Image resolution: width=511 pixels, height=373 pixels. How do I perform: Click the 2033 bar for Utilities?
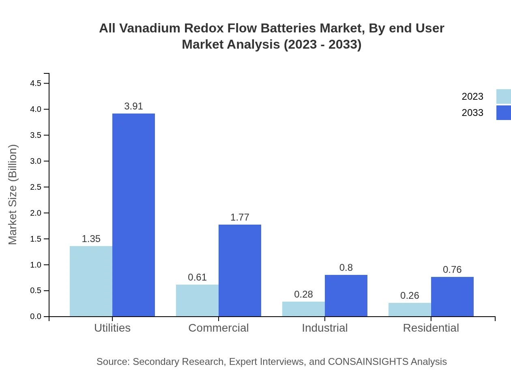[x=133, y=215]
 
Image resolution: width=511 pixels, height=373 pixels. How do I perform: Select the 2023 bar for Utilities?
[x=91, y=281]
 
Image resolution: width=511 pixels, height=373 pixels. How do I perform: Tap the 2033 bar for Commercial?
[x=240, y=270]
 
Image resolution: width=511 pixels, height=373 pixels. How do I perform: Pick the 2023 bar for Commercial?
[x=197, y=300]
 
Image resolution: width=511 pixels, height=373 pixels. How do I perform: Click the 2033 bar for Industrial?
[x=346, y=296]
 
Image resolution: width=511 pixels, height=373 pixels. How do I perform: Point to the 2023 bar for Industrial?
[x=303, y=309]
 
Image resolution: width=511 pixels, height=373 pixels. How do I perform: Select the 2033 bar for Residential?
[x=452, y=296]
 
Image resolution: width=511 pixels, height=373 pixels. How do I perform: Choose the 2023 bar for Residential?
[x=410, y=309]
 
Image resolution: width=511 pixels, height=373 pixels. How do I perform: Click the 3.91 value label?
[x=133, y=106]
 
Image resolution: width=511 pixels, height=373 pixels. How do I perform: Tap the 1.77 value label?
[x=240, y=217]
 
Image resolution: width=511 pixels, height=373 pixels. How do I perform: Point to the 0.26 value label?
[x=410, y=296]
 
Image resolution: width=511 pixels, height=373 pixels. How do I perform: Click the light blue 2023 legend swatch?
[x=503, y=96]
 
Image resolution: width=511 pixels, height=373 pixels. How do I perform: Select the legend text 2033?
[x=472, y=113]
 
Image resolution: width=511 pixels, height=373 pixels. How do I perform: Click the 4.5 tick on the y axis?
[x=36, y=84]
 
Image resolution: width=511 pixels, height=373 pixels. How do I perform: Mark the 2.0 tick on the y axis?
[x=36, y=213]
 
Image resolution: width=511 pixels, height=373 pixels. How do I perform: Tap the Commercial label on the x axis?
[x=219, y=328]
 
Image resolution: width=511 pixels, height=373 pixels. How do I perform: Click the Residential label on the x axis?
[x=431, y=328]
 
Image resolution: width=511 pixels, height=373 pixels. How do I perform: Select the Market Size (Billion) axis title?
[x=13, y=195]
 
